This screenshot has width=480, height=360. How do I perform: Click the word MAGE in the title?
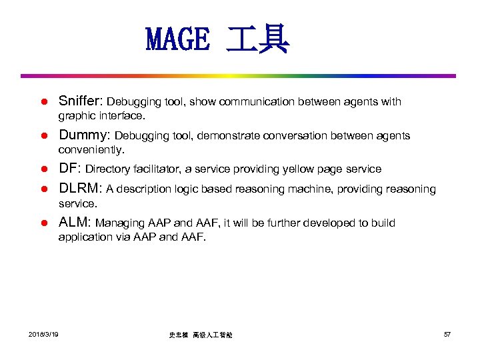tap(177, 41)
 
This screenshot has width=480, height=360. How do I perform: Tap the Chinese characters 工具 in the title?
tap(257, 41)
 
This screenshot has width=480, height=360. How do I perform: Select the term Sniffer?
tap(81, 101)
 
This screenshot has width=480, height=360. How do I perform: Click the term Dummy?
tap(85, 135)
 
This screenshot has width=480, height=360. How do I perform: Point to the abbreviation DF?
tap(70, 169)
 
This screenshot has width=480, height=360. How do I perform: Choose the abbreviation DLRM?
tap(81, 189)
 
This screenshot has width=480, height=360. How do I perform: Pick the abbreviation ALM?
tap(75, 222)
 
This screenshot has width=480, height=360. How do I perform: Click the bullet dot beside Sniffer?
tap(41, 103)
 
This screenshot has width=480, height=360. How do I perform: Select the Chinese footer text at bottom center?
tap(201, 335)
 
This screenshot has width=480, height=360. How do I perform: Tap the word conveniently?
tap(91, 149)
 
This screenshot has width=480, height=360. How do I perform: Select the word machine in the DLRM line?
tap(312, 189)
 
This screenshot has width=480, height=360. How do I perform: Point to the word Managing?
tap(118, 223)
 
